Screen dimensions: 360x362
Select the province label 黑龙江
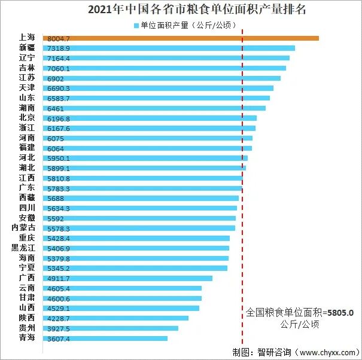pyautogui.click(x=23, y=248)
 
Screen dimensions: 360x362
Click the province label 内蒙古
pyautogui.click(x=23, y=228)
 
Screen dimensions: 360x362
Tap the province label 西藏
pyautogui.click(x=26, y=197)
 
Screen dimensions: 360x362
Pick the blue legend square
pyautogui.click(x=135, y=26)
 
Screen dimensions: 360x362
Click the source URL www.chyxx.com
pyautogui.click(x=325, y=352)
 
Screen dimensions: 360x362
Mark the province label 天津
pyautogui.click(x=26, y=87)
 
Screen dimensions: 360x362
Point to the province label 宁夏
pyautogui.click(x=26, y=267)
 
